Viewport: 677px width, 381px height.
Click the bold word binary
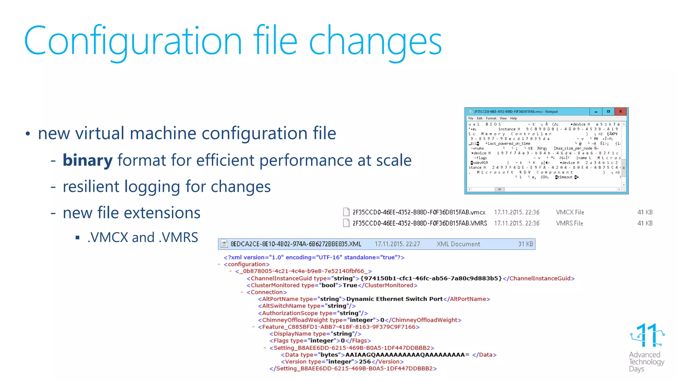coord(88,160)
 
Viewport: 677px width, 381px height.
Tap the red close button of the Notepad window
coord(620,111)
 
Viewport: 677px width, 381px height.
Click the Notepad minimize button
coord(596,111)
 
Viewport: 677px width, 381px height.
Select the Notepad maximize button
coord(608,111)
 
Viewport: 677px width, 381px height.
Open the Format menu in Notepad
coord(491,118)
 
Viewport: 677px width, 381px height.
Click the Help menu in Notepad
coord(513,118)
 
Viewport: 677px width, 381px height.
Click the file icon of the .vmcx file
coord(346,212)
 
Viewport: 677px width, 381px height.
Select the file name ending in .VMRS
coord(419,223)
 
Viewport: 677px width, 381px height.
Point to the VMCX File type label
coord(570,212)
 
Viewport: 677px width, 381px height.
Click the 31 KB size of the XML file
coord(526,244)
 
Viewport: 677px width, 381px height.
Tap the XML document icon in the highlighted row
coord(224,244)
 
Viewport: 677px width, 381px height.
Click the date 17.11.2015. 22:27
coord(397,244)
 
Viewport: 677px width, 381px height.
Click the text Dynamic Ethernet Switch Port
coord(394,299)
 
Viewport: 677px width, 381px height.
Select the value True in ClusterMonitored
coord(350,285)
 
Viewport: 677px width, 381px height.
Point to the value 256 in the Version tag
coord(365,362)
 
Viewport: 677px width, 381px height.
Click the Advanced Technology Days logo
coord(647,347)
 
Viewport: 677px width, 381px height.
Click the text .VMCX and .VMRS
coord(143,237)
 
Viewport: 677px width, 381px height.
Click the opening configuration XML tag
coord(247,264)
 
